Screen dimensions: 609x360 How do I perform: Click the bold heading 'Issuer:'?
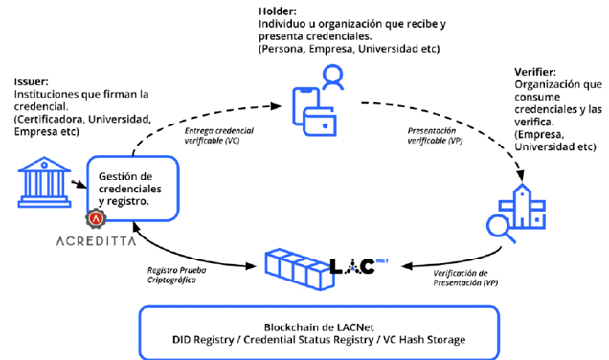31,82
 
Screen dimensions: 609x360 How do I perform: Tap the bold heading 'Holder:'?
278,11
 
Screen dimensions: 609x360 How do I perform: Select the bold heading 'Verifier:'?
535,72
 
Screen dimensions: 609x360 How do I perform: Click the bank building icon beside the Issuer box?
44,182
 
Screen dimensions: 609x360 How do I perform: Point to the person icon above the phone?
333,78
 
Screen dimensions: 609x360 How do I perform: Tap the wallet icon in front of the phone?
320,122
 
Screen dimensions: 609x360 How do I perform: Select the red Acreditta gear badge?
96,218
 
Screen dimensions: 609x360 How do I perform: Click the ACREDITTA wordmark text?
97,241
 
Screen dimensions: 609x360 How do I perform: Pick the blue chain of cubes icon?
299,269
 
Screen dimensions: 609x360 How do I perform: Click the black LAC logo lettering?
352,266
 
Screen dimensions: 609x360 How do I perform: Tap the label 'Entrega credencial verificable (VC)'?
218,136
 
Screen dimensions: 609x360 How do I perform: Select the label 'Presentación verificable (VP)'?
435,136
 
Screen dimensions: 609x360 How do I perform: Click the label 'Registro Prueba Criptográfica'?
177,275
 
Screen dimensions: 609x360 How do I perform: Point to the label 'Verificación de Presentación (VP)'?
465,278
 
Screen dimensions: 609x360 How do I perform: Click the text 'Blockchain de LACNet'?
319,327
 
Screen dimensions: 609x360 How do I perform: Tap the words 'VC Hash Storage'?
424,340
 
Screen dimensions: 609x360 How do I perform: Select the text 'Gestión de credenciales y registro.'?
129,189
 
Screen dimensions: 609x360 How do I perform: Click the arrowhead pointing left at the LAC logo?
407,266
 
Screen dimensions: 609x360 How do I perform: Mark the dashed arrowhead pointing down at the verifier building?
521,176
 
